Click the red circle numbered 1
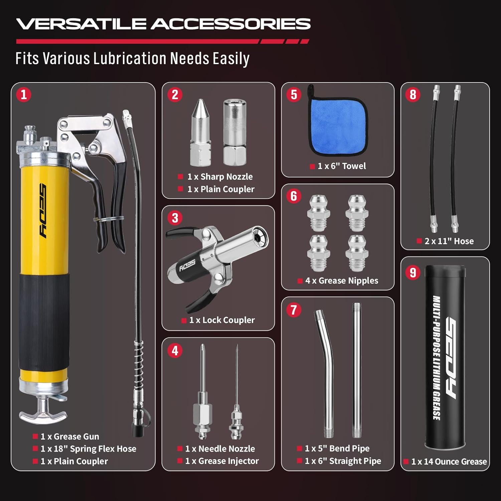pyautogui.click(x=24, y=95)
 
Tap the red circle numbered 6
pyautogui.click(x=294, y=196)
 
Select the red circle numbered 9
pyautogui.click(x=413, y=273)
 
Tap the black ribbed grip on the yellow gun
pyautogui.click(x=44, y=321)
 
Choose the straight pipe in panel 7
pyautogui.click(x=357, y=371)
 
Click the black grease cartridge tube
pyautogui.click(x=445, y=357)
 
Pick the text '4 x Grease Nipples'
pyautogui.click(x=341, y=281)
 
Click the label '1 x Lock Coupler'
pyautogui.click(x=222, y=320)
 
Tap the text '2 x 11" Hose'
pyautogui.click(x=449, y=241)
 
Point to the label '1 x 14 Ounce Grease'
pyautogui.click(x=449, y=462)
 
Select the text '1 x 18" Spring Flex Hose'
pyautogui.click(x=88, y=449)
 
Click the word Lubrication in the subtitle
pyautogui.click(x=130, y=58)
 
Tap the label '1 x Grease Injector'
pyautogui.click(x=222, y=461)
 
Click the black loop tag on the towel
pyautogui.click(x=311, y=92)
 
